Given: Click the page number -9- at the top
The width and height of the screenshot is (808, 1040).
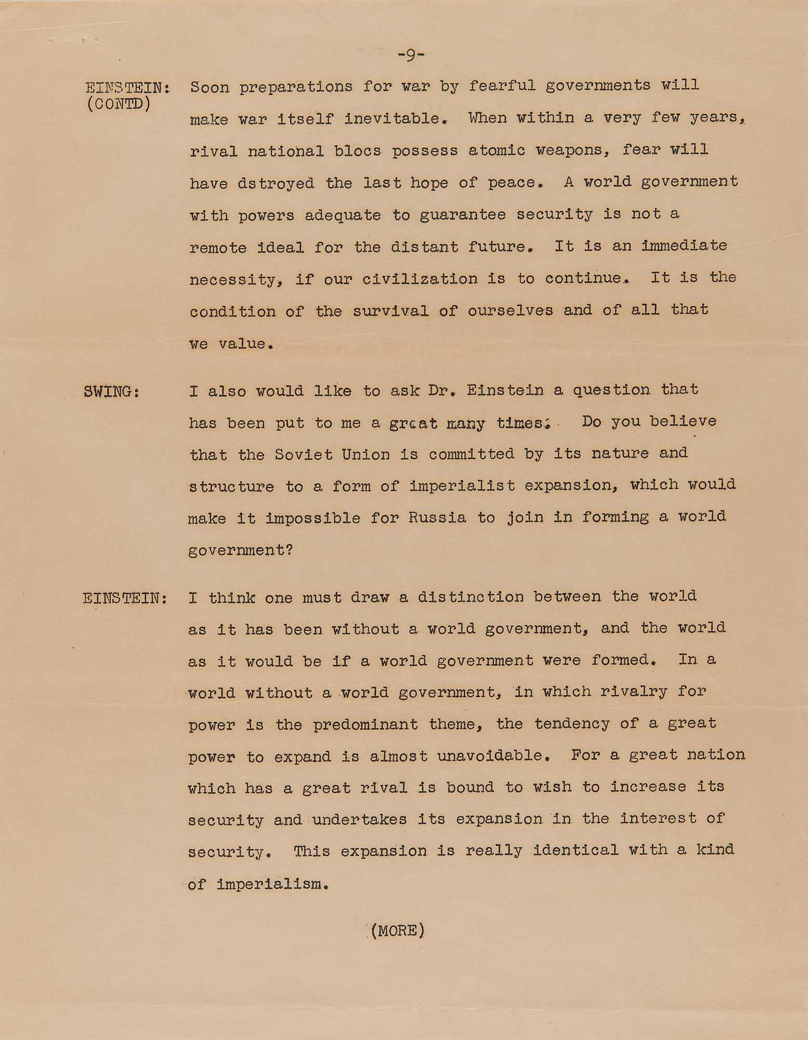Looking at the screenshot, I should pos(411,55).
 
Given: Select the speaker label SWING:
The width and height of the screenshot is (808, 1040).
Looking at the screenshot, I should pos(111,392).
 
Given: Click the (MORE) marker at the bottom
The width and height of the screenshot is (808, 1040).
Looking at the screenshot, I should pos(398,930).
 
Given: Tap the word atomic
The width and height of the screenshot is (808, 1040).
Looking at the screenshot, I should pos(497,150).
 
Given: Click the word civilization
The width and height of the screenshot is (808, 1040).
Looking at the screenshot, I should pos(420,279).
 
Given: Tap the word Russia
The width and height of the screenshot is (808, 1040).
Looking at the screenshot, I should pos(437,518).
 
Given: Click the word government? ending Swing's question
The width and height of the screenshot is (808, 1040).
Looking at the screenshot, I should pos(241,550).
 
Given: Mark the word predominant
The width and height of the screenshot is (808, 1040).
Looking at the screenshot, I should pos(366,724).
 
